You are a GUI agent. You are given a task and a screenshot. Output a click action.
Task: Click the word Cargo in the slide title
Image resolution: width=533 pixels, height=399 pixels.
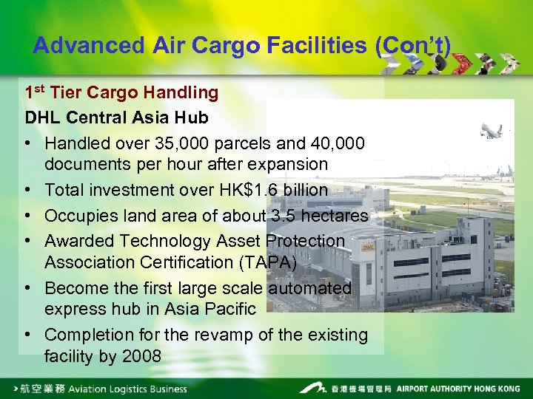(220, 46)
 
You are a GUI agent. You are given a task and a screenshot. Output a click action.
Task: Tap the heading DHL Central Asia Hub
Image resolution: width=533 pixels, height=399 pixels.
(116, 117)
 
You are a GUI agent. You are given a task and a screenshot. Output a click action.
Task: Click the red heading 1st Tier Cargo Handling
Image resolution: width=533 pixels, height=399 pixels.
(121, 93)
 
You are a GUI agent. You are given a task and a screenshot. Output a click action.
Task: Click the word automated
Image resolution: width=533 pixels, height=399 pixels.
(310, 287)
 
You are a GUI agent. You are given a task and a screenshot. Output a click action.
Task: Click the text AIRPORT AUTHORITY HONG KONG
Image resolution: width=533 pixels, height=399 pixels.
(458, 388)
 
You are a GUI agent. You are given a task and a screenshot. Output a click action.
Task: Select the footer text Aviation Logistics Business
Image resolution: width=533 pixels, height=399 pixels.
(128, 388)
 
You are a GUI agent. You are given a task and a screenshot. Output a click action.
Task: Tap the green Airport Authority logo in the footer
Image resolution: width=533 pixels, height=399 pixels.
(312, 387)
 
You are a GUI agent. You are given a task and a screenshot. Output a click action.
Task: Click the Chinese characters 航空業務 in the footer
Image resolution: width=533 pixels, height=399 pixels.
(44, 388)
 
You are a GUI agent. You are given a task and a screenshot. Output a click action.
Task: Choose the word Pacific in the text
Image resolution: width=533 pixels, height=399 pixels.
(228, 309)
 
